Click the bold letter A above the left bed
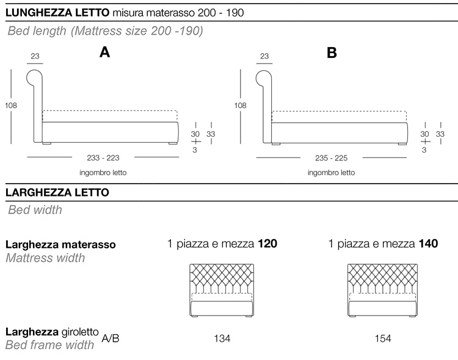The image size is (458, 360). (x=104, y=53)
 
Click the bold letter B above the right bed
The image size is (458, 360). (x=332, y=53)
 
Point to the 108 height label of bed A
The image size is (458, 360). (x=10, y=106)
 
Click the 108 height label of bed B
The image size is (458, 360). (x=241, y=106)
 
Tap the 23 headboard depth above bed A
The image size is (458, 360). (x=34, y=57)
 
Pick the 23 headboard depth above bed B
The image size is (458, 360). (x=264, y=57)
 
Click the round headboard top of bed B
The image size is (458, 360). (x=264, y=77)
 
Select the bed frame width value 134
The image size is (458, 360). (x=222, y=338)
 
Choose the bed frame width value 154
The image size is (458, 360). (x=383, y=338)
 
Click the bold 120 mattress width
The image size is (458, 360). (x=267, y=245)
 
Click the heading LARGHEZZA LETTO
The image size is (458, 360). (x=57, y=193)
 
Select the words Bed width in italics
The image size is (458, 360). (x=35, y=211)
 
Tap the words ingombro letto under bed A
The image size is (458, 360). (x=103, y=173)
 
